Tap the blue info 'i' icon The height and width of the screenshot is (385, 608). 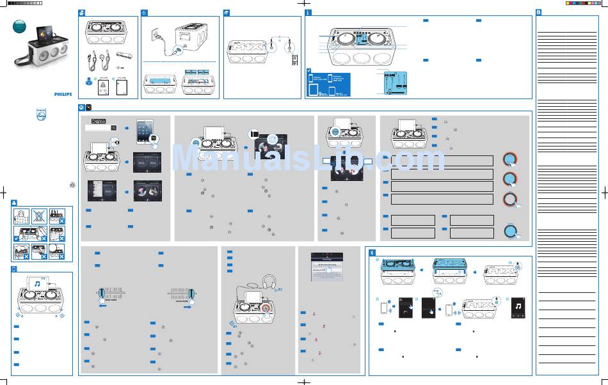[x=308, y=13]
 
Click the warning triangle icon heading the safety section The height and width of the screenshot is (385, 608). [x=15, y=201]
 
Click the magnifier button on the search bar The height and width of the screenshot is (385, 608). [x=114, y=128]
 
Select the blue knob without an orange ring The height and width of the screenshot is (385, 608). [x=510, y=232]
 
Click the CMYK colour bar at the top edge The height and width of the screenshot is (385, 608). [x=583, y=3]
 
